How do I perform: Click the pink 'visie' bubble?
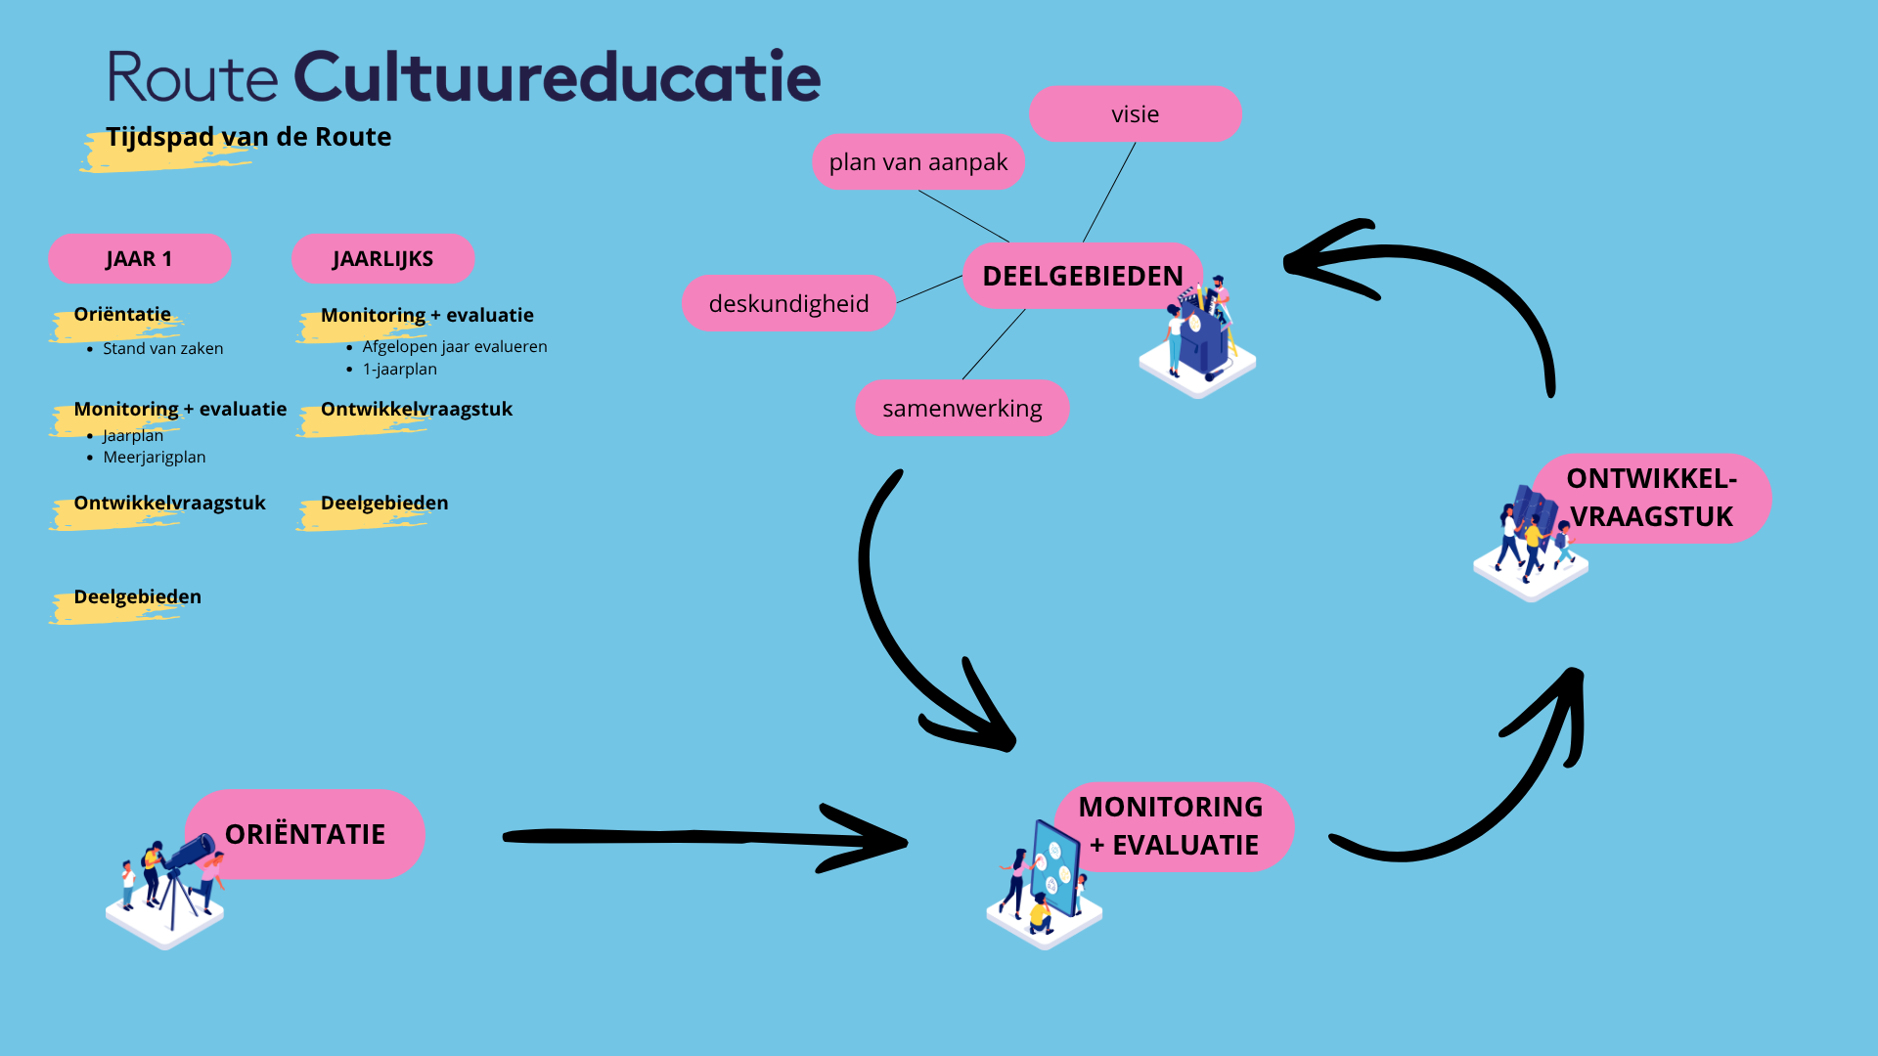coord(1135,114)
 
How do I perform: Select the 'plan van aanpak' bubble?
coord(917,162)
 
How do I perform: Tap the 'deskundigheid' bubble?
coord(788,304)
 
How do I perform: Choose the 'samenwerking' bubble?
coord(961,409)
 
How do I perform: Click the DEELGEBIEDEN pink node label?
coord(1082,276)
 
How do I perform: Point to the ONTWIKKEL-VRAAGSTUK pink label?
coord(1651,498)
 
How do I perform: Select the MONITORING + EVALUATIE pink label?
coord(1172,826)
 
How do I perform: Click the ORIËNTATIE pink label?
coord(305,834)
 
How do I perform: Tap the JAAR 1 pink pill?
coord(139,259)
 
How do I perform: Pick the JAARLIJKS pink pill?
coord(382,259)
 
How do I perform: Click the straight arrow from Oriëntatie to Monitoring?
coord(685,837)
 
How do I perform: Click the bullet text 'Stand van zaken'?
coord(162,349)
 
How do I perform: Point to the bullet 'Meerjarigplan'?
coord(155,458)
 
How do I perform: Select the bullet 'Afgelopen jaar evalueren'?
coord(454,347)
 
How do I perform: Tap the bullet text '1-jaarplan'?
coord(399,370)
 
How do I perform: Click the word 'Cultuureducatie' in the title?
coord(557,77)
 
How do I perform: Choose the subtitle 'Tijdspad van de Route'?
coord(248,137)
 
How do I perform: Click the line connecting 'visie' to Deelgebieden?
coord(1109,193)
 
